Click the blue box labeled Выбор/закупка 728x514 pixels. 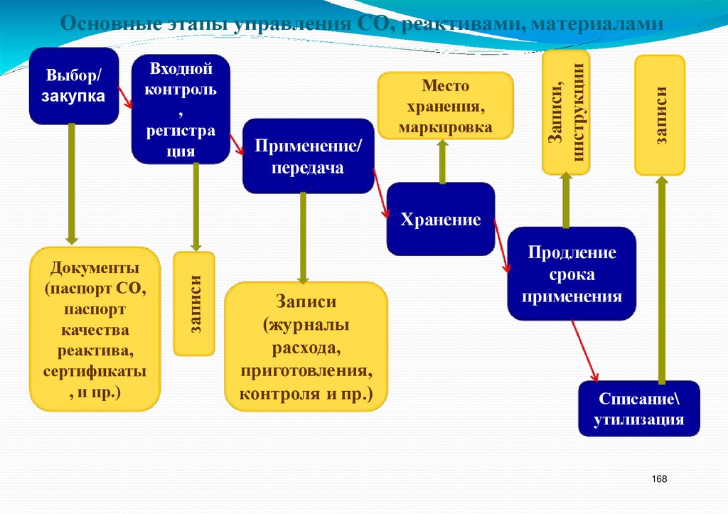(x=74, y=85)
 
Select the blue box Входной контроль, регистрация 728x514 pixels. (x=181, y=109)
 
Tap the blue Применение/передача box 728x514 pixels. (x=308, y=156)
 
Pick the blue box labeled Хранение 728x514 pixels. (x=441, y=219)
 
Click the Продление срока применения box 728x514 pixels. (x=572, y=274)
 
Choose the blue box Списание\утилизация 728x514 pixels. (x=638, y=409)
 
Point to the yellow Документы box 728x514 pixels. (x=95, y=329)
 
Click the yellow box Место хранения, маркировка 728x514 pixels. (x=445, y=106)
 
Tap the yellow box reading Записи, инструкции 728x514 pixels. (x=566, y=112)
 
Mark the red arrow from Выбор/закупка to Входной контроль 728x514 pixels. (x=125, y=97)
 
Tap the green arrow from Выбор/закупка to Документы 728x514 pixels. (x=71, y=185)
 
